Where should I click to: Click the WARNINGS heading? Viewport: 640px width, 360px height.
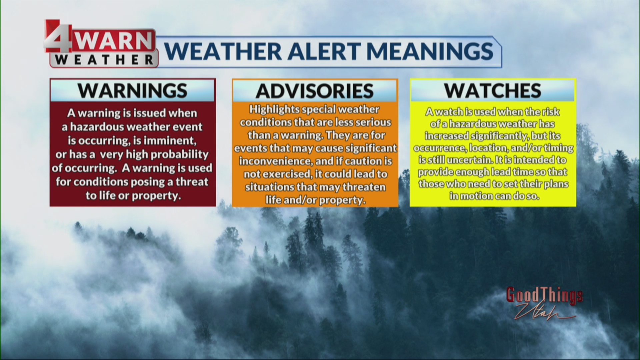132,90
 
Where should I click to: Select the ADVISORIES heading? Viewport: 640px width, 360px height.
315,91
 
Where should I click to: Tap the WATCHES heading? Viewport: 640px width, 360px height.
493,90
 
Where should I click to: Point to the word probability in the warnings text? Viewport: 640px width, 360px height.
180,154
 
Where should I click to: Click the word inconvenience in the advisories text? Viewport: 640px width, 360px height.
273,161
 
